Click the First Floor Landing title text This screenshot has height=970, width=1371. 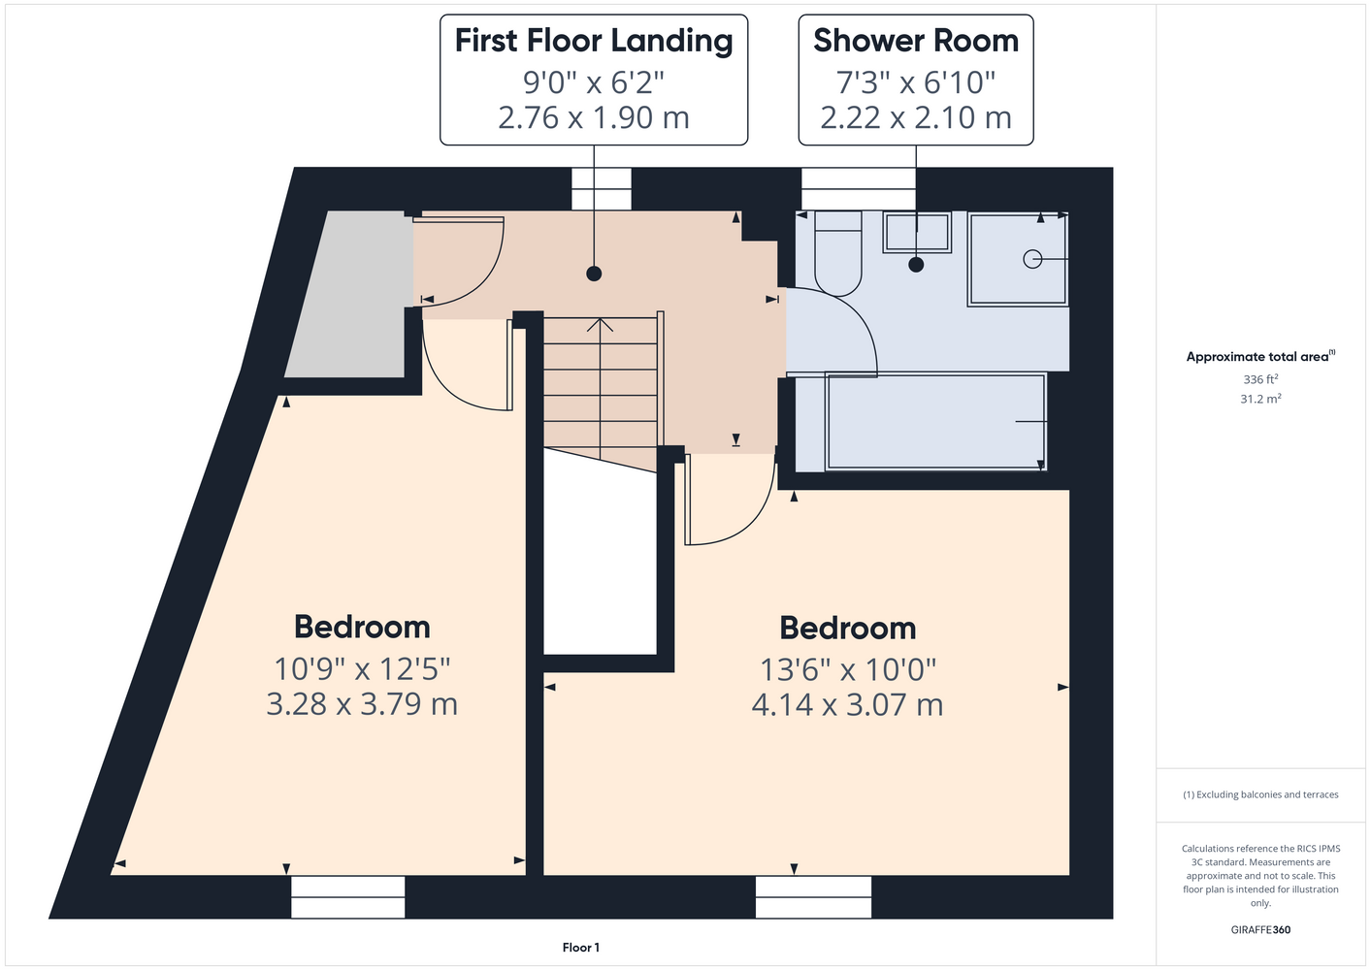(x=594, y=42)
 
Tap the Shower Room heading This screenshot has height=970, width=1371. (x=916, y=41)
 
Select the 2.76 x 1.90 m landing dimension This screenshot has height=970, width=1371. (x=594, y=117)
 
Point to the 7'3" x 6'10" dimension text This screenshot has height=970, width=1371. (x=916, y=82)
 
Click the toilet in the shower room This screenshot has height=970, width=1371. (x=838, y=253)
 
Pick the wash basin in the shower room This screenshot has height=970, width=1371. (x=917, y=232)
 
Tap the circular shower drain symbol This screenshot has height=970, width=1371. (x=1032, y=260)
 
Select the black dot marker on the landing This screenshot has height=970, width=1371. (x=594, y=274)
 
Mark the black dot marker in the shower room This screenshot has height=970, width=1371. (x=916, y=265)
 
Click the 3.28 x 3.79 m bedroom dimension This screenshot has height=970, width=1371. (x=362, y=704)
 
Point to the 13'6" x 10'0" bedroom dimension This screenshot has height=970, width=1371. (x=848, y=669)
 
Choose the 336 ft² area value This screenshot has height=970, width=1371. (x=1260, y=379)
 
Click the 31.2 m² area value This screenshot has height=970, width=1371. (x=1260, y=399)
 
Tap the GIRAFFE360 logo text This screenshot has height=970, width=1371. (x=1260, y=929)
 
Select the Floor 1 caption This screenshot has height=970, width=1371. (x=581, y=948)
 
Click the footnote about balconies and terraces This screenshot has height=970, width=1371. (x=1260, y=794)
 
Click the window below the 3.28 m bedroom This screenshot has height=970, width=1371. (x=347, y=897)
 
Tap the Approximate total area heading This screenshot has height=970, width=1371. (x=1260, y=356)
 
